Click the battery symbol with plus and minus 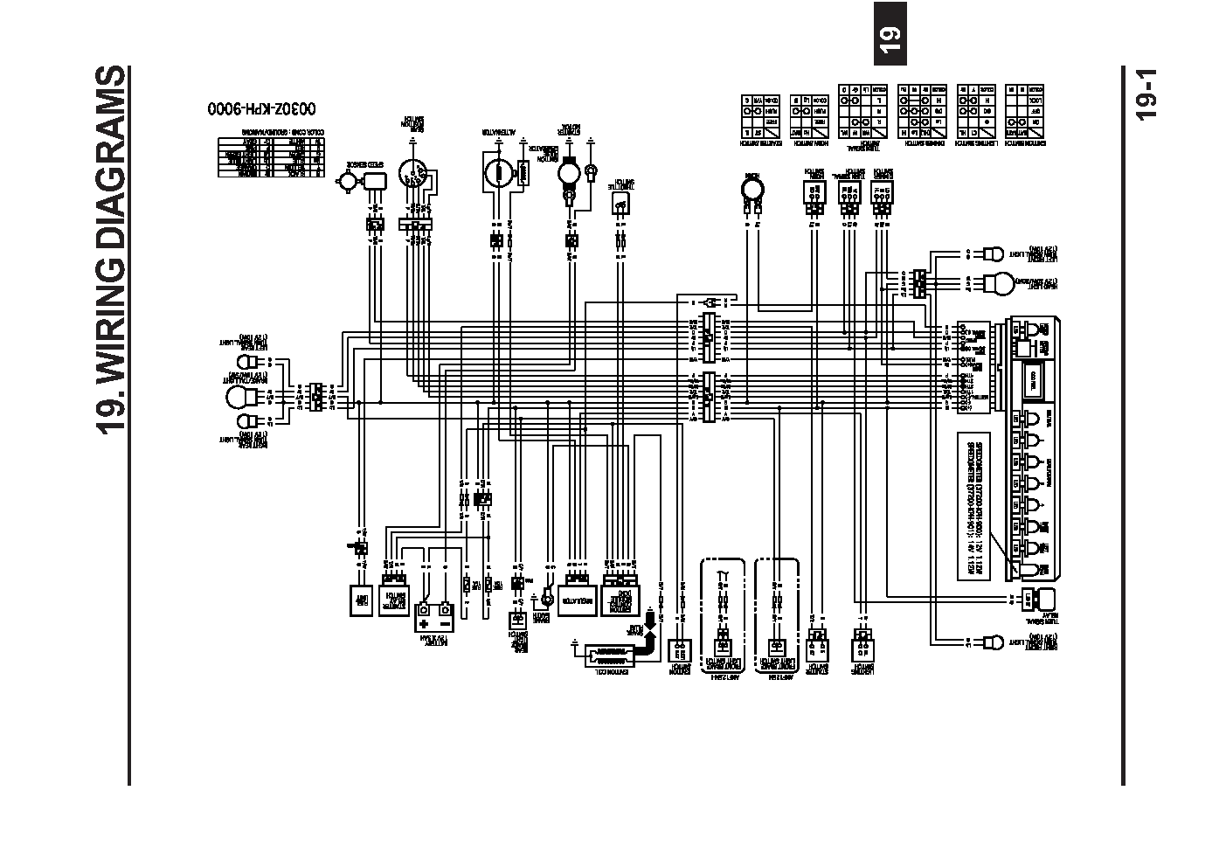[434, 615]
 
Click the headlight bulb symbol [1000, 283]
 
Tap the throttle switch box [620, 204]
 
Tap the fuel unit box [359, 600]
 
